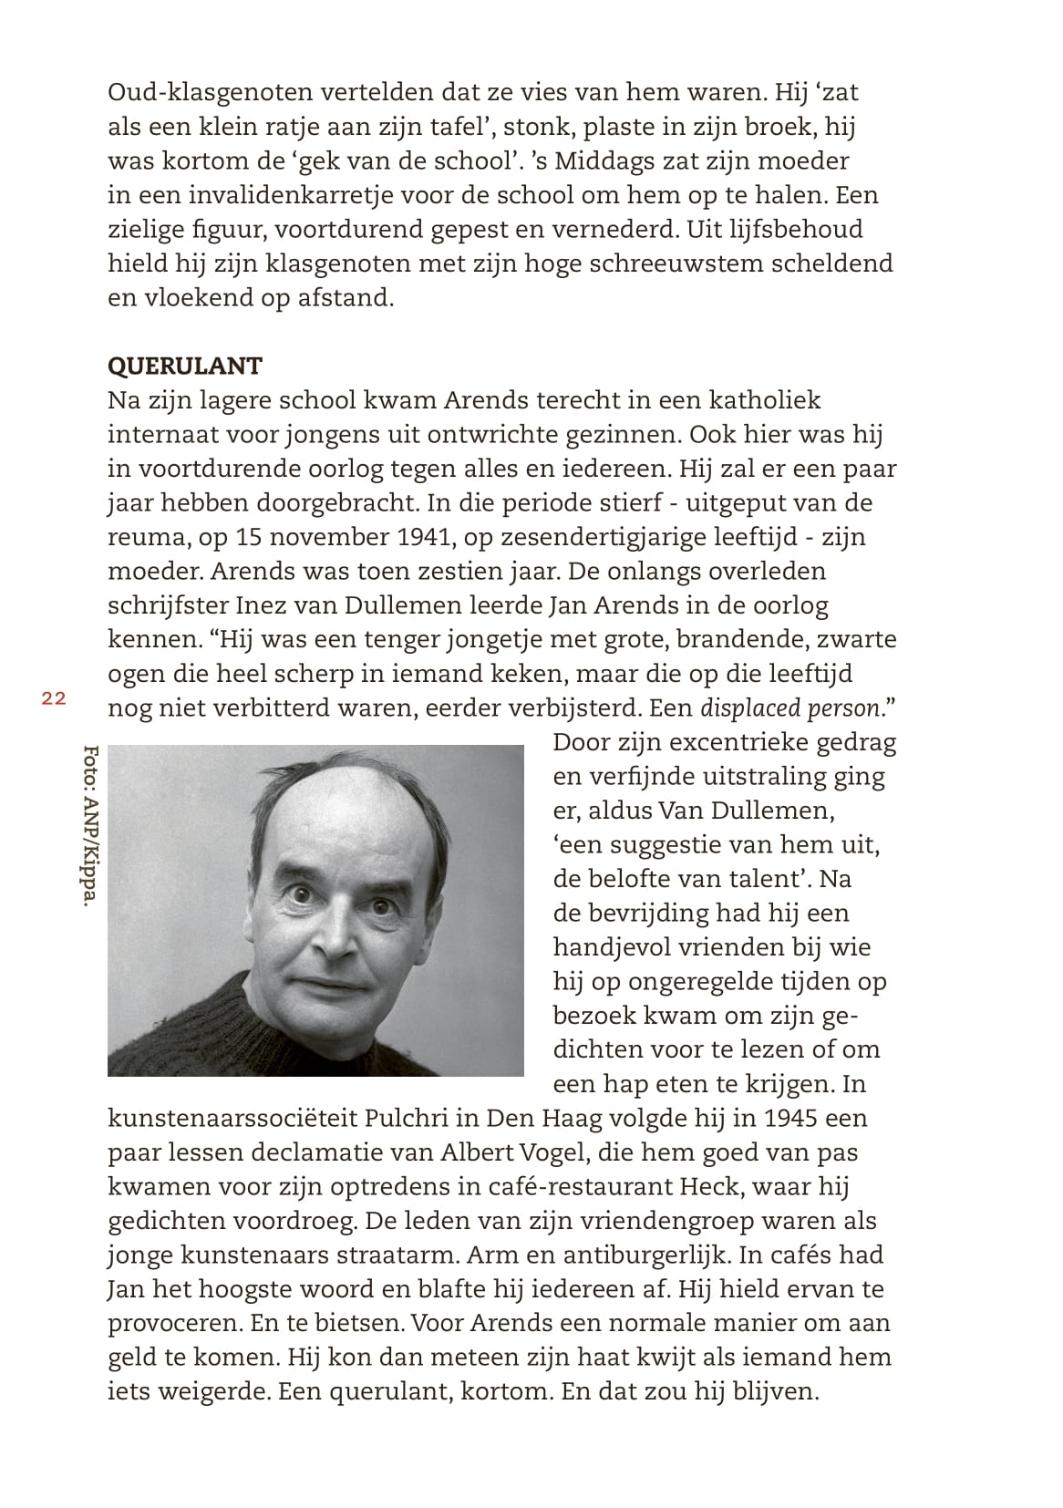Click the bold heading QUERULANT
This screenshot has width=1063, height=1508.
click(185, 366)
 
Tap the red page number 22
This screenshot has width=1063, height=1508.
click(53, 698)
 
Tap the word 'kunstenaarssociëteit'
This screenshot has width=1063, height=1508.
click(232, 1118)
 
